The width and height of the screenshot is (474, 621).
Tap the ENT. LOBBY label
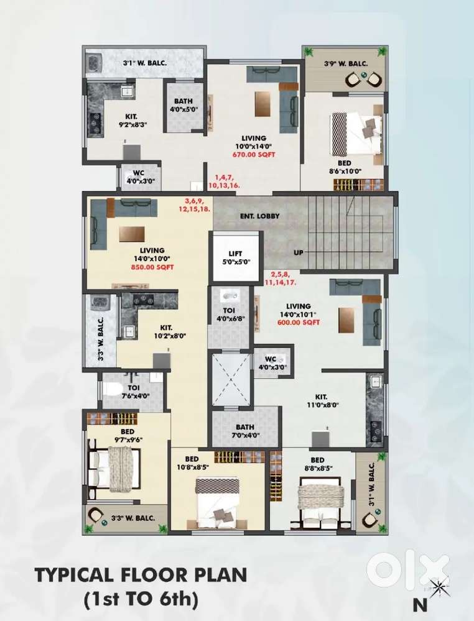pyautogui.click(x=259, y=216)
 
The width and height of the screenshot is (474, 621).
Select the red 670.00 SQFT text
pyautogui.click(x=254, y=154)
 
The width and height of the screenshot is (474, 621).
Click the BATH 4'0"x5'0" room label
pyautogui.click(x=183, y=105)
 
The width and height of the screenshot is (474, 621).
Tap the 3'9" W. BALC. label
pyautogui.click(x=346, y=63)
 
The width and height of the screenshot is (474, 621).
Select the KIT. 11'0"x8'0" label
pyautogui.click(x=322, y=399)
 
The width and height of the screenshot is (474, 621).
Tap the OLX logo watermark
pyautogui.click(x=407, y=568)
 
